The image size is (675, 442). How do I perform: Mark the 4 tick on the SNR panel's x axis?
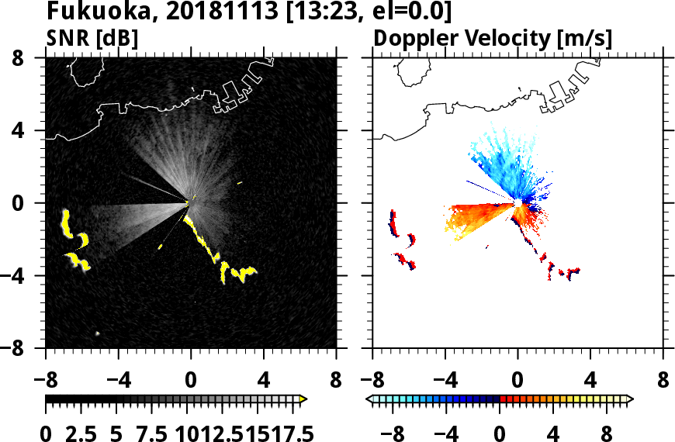(264, 381)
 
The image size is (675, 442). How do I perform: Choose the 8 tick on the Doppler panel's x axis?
(663, 381)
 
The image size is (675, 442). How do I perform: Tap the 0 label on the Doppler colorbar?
(500, 433)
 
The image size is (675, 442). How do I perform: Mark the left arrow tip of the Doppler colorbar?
(369, 399)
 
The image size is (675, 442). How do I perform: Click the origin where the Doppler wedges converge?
(517, 203)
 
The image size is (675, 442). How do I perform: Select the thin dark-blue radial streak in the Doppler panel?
(485, 188)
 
